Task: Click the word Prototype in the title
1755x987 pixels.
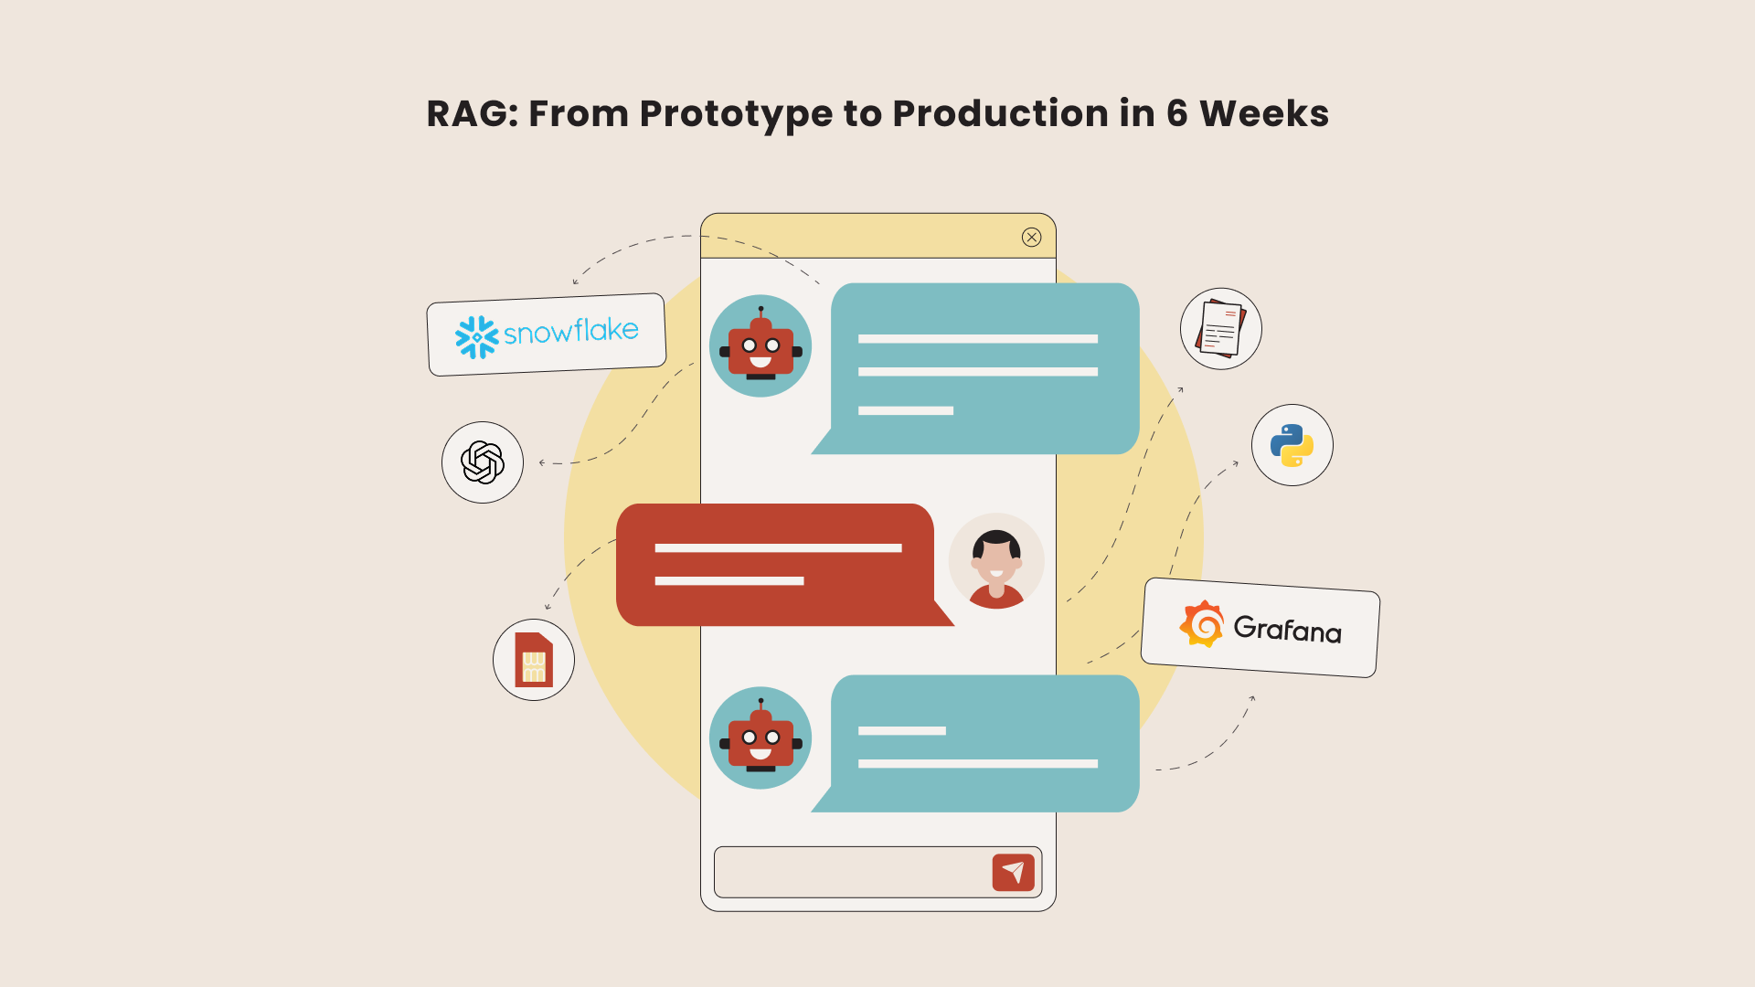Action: coord(736,115)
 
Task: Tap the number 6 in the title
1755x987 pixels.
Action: coord(1176,113)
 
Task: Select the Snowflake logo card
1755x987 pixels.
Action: coord(547,334)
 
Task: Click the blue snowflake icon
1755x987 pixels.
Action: coord(476,337)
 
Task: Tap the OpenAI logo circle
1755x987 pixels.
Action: coord(483,462)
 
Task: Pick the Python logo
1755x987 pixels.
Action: coord(1292,445)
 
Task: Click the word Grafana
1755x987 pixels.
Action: coord(1287,630)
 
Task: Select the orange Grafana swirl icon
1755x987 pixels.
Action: coord(1202,624)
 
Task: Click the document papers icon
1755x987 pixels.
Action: coord(1221,329)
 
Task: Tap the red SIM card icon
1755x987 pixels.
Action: coord(534,660)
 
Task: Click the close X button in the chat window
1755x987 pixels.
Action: coord(1032,238)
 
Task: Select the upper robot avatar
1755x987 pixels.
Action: coord(760,345)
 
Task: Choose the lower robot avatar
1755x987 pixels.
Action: coord(760,738)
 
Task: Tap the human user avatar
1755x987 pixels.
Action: coord(996,561)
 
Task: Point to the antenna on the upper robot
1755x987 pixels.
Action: coord(760,313)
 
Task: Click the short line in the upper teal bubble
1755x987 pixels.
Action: coord(906,411)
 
